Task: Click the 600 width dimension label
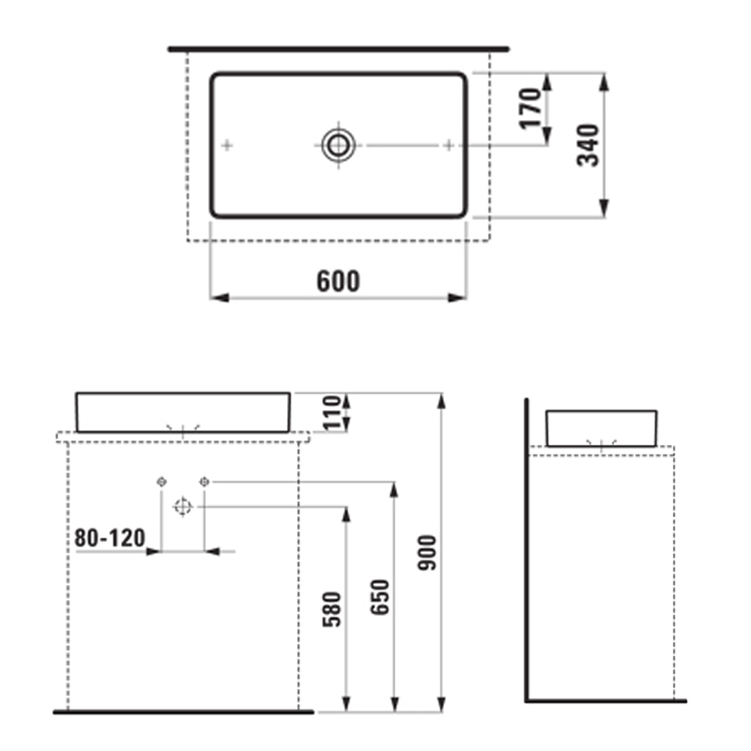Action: point(338,281)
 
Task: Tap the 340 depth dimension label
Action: point(588,144)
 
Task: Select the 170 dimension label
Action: point(530,108)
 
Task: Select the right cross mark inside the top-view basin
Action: point(449,145)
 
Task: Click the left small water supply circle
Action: point(161,482)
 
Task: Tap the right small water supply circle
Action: point(204,482)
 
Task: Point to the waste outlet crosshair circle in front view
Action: point(182,507)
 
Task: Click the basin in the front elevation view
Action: point(182,411)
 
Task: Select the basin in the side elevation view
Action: point(601,427)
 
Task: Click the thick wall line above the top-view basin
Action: point(338,48)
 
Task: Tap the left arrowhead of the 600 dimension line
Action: point(217,298)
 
